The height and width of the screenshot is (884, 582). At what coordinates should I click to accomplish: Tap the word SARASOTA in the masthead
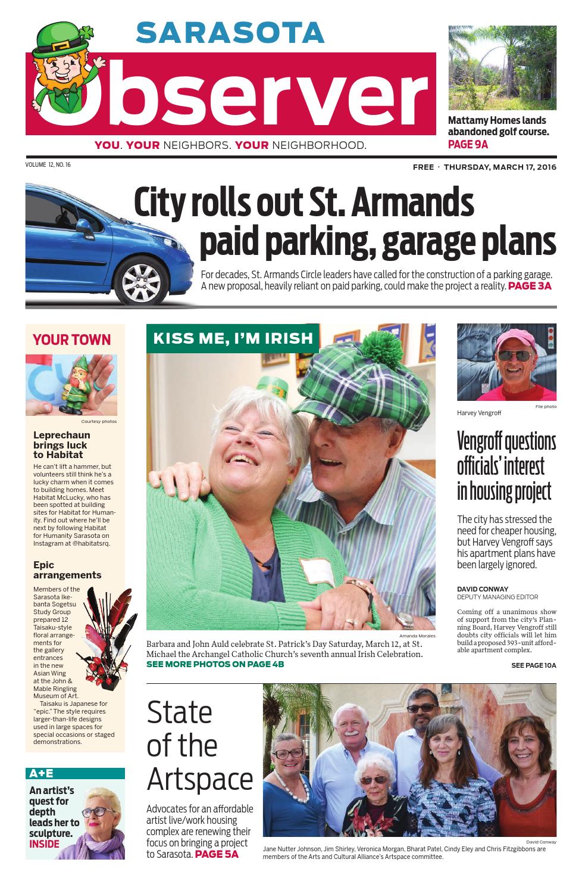pyautogui.click(x=230, y=33)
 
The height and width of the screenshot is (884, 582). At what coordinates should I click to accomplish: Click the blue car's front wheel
pyautogui.click(x=143, y=279)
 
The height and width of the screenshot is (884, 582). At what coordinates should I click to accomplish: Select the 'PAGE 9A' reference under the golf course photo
pyautogui.click(x=468, y=144)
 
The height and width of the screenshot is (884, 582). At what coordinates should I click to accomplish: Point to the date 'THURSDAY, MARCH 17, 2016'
pyautogui.click(x=499, y=167)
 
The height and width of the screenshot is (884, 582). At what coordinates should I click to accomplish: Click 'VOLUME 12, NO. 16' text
pyautogui.click(x=48, y=164)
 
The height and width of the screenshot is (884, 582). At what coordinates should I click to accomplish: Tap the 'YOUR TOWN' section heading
pyautogui.click(x=71, y=340)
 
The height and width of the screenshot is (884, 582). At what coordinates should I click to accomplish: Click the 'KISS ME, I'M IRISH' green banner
pyautogui.click(x=233, y=339)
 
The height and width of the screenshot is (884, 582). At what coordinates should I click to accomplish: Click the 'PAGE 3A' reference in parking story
pyautogui.click(x=530, y=286)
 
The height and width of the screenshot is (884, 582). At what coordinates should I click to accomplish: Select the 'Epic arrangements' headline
pyautogui.click(x=67, y=570)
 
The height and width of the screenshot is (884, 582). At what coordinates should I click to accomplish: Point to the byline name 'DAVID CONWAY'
pyautogui.click(x=483, y=589)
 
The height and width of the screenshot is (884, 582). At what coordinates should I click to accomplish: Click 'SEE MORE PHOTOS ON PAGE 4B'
pyautogui.click(x=215, y=664)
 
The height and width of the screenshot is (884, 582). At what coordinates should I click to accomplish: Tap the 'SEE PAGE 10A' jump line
pyautogui.click(x=533, y=665)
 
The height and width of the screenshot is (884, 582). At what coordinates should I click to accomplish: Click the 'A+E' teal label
pyautogui.click(x=42, y=773)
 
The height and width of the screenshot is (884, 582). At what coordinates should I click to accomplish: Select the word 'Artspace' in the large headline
pyautogui.click(x=200, y=779)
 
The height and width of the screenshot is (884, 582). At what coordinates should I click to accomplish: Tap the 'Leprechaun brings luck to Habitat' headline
pyautogui.click(x=61, y=445)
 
